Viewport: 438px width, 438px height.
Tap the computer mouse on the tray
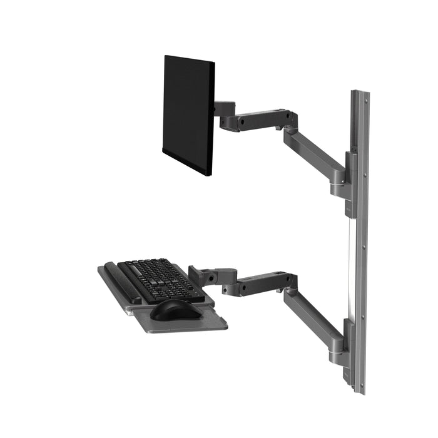(x=176, y=308)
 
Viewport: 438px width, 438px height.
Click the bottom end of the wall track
(x=359, y=388)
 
